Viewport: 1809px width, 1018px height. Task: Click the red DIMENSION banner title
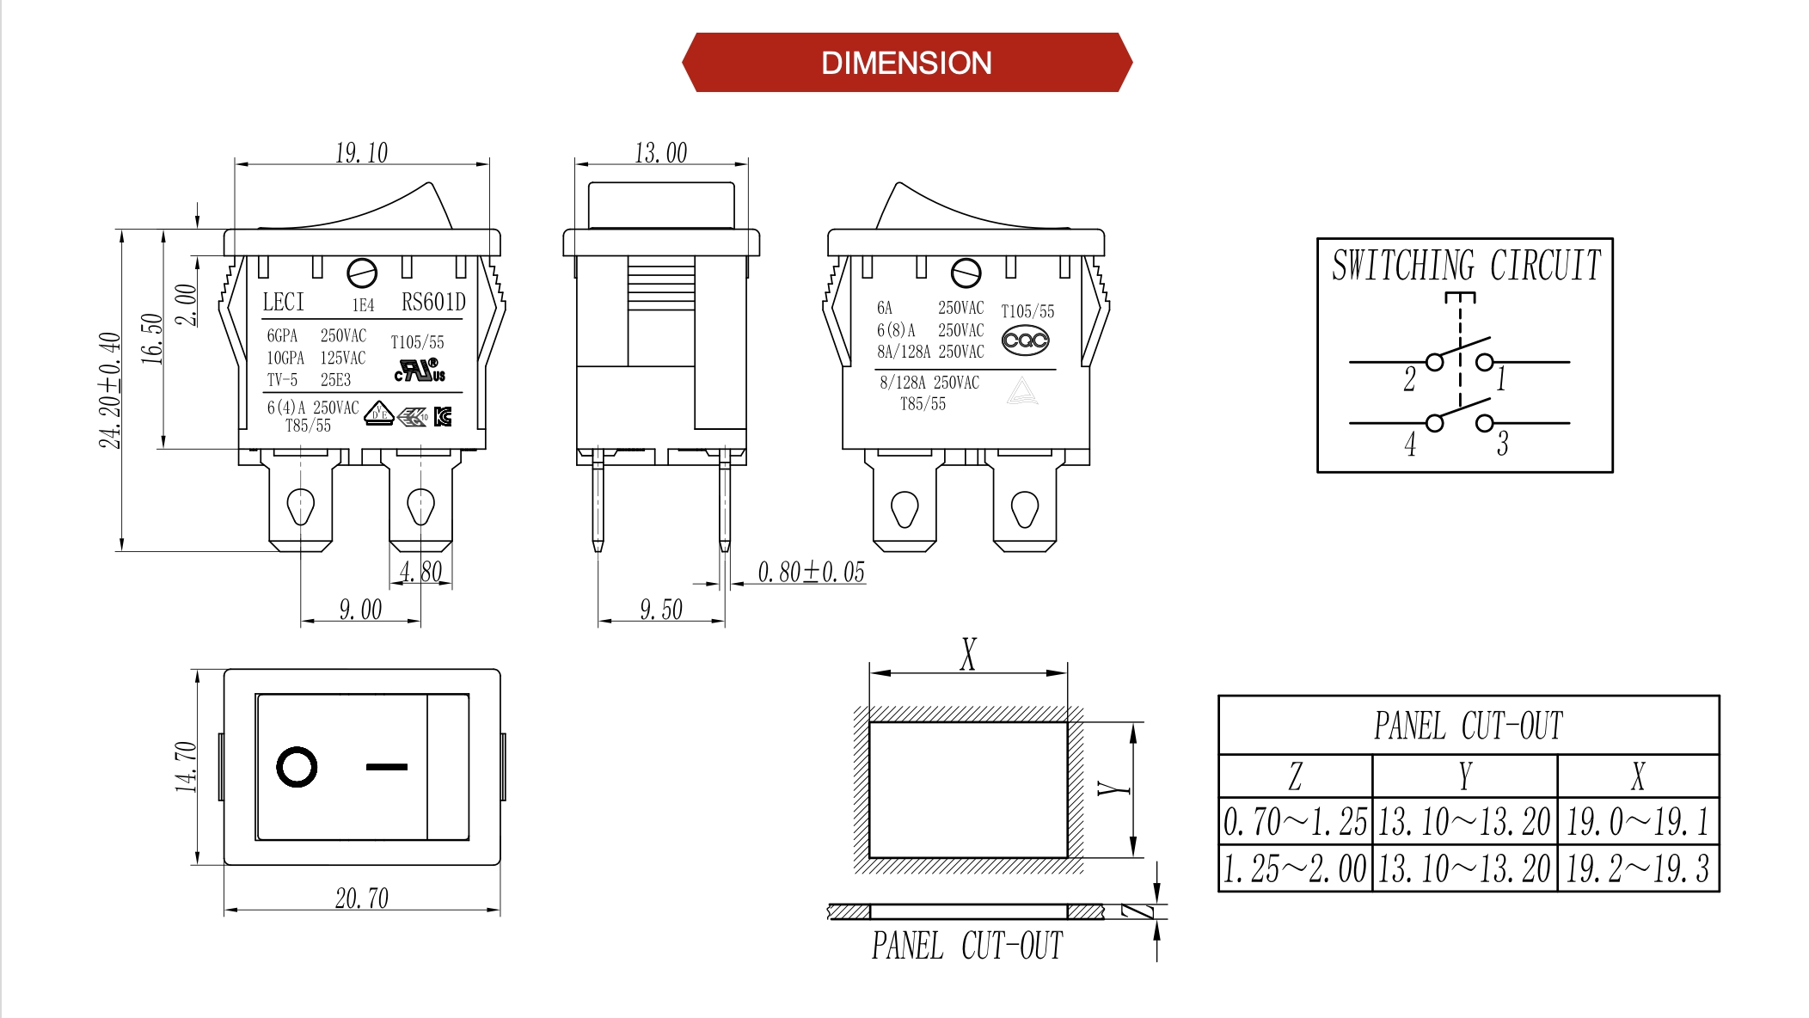tap(906, 63)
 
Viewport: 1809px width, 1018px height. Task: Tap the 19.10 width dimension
tap(361, 153)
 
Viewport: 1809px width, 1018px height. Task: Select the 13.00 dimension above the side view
tap(660, 153)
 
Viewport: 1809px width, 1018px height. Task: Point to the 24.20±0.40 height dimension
tap(109, 390)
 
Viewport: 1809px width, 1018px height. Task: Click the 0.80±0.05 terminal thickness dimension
tap(811, 572)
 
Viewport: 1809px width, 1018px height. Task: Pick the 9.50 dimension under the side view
tap(660, 610)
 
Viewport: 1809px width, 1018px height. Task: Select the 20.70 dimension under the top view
tap(361, 898)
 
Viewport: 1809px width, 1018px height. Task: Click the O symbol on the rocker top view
tap(297, 767)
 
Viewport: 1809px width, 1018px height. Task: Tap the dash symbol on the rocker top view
tap(387, 766)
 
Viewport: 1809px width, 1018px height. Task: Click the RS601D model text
tap(433, 302)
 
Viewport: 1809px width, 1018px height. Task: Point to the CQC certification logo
tap(1025, 340)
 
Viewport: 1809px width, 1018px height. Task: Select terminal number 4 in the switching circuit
tap(1410, 445)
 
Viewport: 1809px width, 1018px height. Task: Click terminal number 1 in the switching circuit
tap(1501, 378)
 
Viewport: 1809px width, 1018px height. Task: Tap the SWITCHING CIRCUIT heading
tap(1466, 265)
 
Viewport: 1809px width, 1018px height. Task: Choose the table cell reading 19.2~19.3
tap(1637, 868)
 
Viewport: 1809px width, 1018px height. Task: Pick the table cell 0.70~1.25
tap(1295, 822)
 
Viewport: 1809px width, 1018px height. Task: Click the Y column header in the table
tap(1465, 776)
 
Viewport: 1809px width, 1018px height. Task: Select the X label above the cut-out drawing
tap(968, 654)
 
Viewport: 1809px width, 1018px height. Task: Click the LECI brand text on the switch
tap(284, 302)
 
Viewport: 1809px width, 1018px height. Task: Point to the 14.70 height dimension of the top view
tap(186, 766)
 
